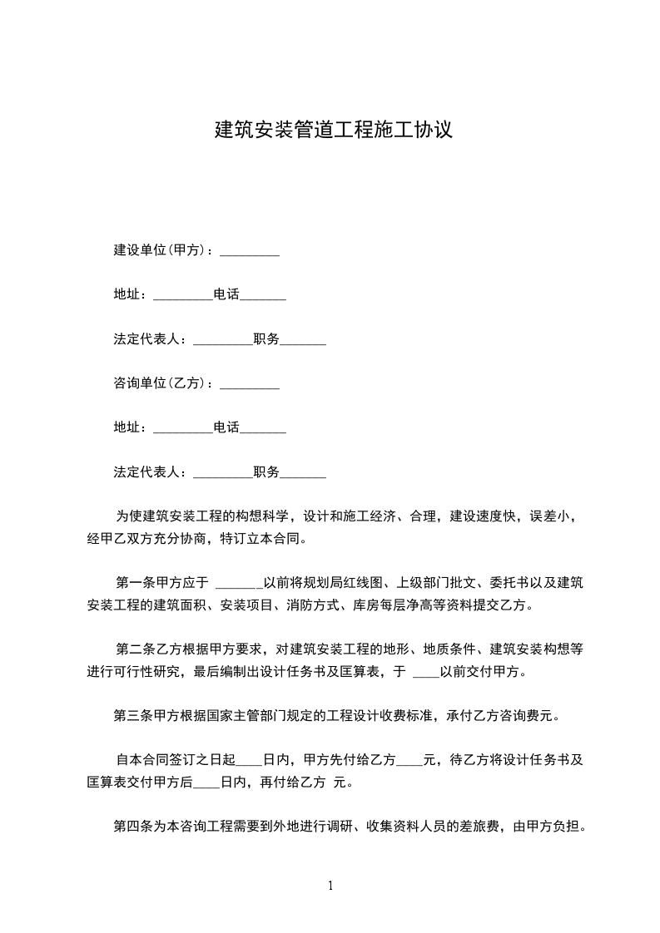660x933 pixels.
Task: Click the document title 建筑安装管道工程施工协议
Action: [333, 131]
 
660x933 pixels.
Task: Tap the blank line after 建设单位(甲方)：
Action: [249, 252]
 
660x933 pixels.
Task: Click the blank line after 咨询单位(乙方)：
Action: [249, 387]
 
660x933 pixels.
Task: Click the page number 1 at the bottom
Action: [330, 886]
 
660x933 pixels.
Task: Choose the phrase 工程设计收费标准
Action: [386, 715]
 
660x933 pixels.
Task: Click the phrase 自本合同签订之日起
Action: [176, 760]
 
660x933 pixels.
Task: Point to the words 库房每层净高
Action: [378, 605]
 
